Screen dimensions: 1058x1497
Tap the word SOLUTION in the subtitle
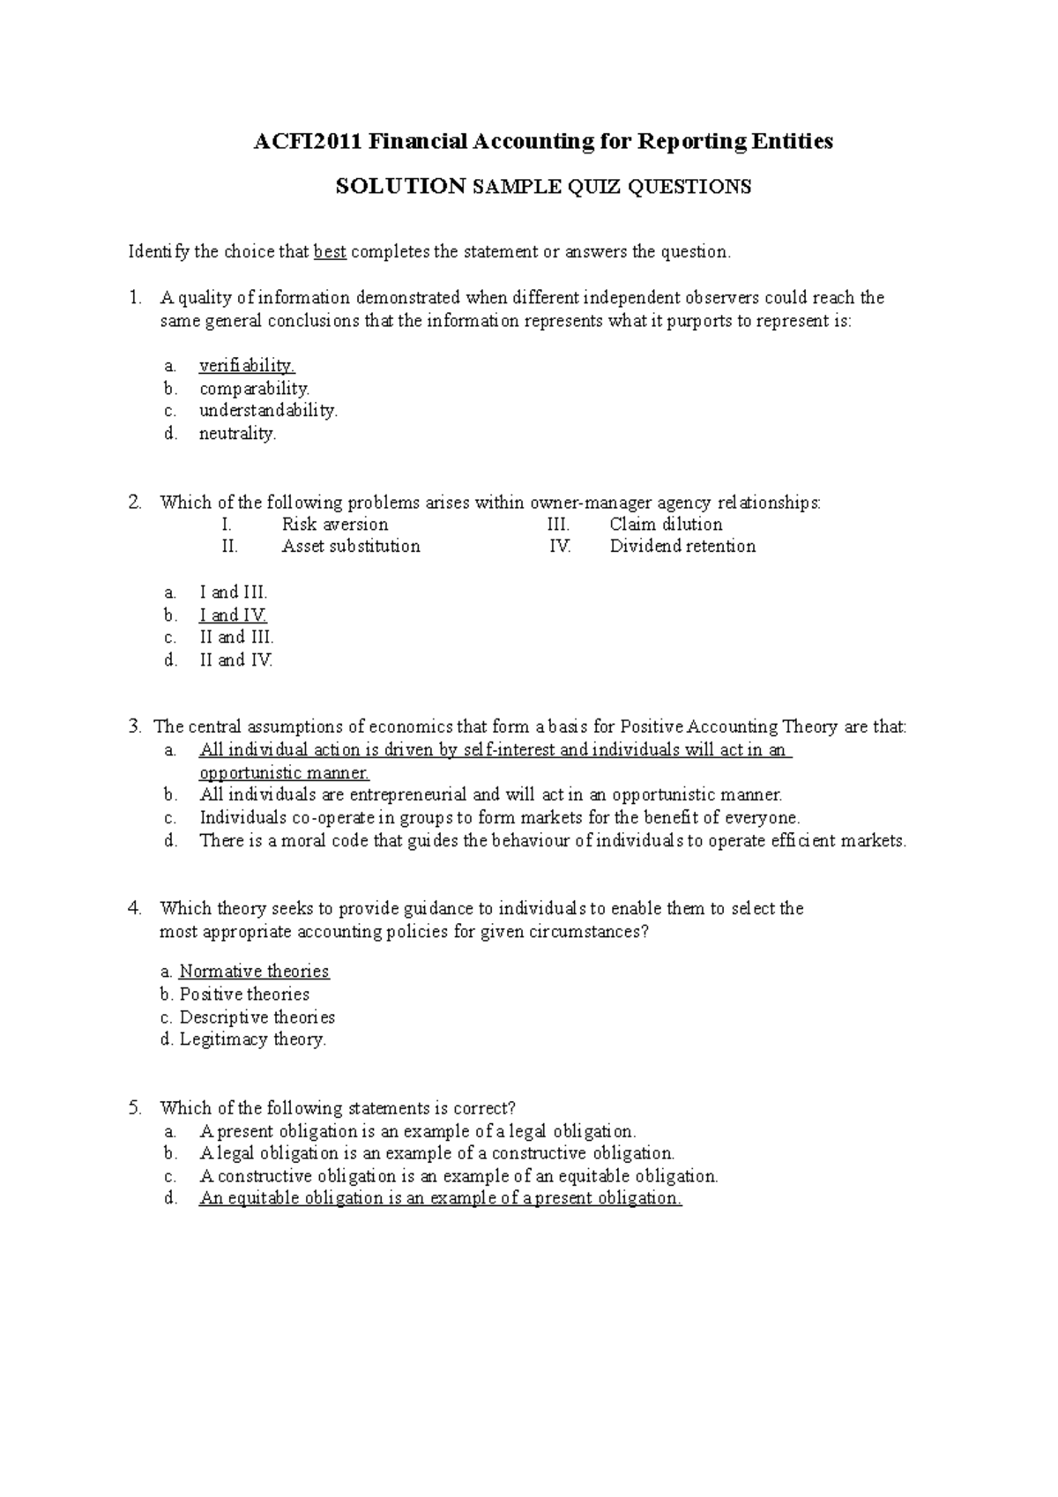[x=401, y=187]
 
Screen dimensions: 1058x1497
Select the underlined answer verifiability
[x=247, y=365]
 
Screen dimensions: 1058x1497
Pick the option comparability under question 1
[x=254, y=388]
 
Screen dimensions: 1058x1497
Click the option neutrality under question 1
[x=237, y=434]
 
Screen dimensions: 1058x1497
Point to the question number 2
[x=134, y=503]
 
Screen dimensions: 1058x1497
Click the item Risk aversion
[x=334, y=525]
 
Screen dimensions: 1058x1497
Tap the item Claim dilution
[x=666, y=525]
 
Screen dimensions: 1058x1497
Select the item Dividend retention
[x=682, y=547]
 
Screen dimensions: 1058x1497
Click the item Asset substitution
[x=351, y=547]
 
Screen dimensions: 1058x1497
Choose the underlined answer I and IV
[x=233, y=615]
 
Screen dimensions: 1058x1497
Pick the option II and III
[x=236, y=637]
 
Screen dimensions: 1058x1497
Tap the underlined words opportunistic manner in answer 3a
[x=284, y=773]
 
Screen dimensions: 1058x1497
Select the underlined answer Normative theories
[x=254, y=972]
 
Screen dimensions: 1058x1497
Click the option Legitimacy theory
[x=253, y=1039]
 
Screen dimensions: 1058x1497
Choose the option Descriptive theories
[x=257, y=1017]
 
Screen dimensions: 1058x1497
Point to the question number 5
[x=134, y=1108]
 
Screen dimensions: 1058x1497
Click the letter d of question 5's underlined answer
[x=170, y=1199]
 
